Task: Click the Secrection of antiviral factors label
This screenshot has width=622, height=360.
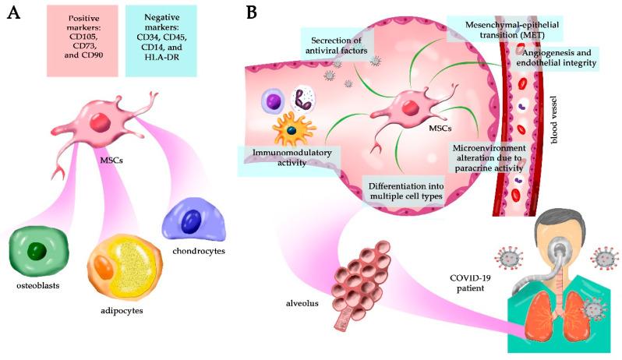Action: pos(337,46)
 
